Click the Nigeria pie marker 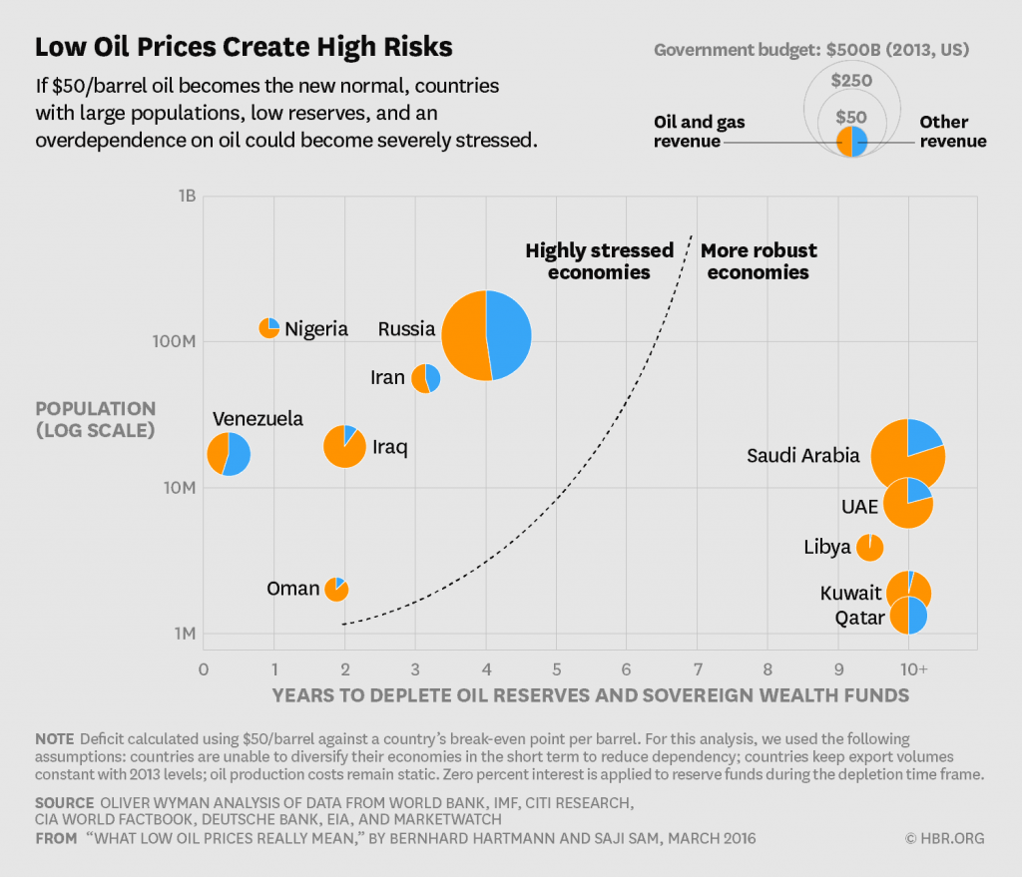coord(269,328)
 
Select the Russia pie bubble coord(487,335)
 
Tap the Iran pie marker coord(426,378)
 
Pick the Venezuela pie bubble coord(229,454)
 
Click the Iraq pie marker coord(345,446)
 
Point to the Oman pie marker coord(336,589)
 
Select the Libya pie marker coord(869,547)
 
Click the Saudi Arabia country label coord(802,456)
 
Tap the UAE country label coord(858,506)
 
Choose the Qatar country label coord(859,619)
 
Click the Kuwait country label coord(850,594)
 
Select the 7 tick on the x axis coord(697,668)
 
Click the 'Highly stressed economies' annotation coord(600,261)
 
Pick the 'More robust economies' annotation coord(758,261)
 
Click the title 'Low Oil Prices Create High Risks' coord(244,47)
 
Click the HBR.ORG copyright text coord(944,838)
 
